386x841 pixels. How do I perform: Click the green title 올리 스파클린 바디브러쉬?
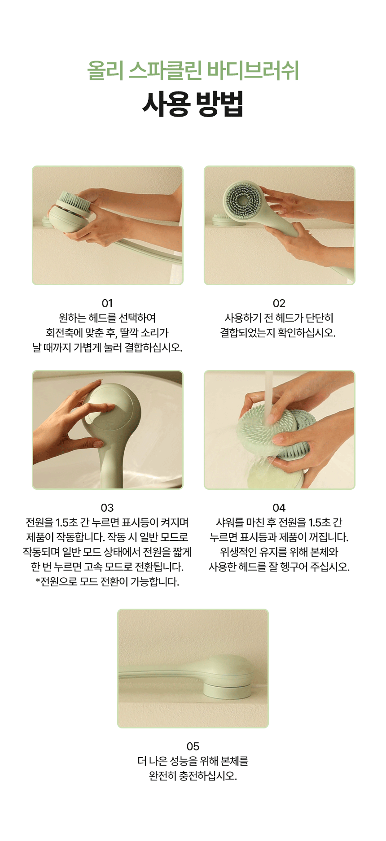click(x=193, y=71)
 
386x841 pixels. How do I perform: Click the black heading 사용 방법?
click(x=193, y=104)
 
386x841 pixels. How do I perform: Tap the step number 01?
click(x=107, y=303)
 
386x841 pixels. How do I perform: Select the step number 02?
click(x=279, y=303)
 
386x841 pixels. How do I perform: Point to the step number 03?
click(x=107, y=508)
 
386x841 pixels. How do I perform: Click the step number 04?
click(x=279, y=508)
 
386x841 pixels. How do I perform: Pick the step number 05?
click(x=193, y=746)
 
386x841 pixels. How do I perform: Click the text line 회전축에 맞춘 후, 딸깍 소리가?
click(x=107, y=333)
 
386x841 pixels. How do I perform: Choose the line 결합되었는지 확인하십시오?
click(x=278, y=333)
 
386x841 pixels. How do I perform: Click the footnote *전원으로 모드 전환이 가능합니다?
click(x=107, y=582)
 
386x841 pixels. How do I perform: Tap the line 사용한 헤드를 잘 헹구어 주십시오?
click(x=279, y=567)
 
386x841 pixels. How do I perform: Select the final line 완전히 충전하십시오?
click(x=193, y=776)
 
